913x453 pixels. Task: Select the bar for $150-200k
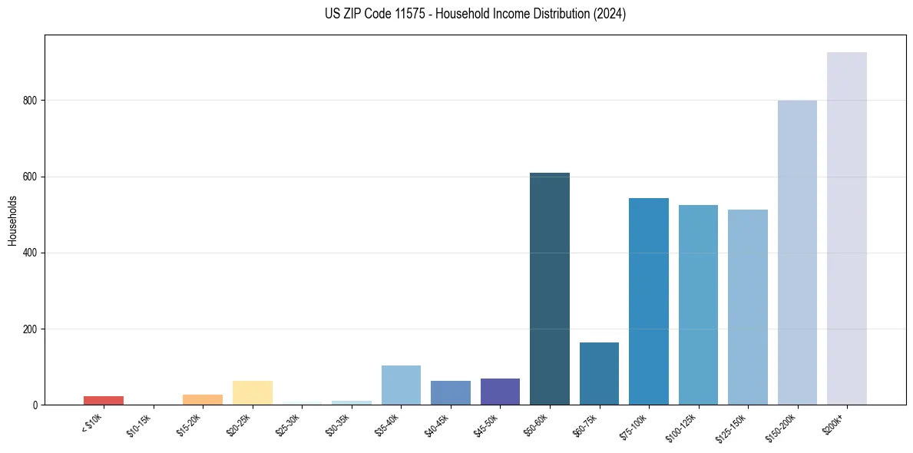797,253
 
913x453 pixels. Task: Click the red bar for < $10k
104,401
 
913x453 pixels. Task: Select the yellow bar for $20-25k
253,393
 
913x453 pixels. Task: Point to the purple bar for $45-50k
500,392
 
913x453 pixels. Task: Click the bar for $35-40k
401,385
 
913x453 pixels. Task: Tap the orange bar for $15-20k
203,400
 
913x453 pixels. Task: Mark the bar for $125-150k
748,307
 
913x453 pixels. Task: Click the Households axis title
12,220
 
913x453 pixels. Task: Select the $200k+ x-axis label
835,423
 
